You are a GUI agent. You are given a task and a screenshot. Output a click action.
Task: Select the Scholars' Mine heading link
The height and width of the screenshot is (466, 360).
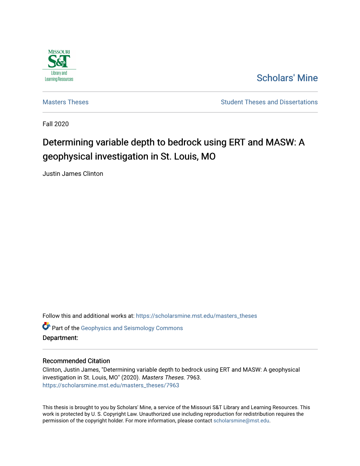(287, 78)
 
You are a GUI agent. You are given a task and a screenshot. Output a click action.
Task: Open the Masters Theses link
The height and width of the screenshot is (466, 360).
(66, 102)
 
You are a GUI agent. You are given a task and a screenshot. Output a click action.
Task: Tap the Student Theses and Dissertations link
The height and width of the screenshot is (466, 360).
(269, 102)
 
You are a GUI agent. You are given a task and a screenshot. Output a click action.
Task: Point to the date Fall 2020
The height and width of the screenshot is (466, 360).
(56, 124)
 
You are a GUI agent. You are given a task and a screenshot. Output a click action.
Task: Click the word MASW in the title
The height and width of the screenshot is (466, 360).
(280, 142)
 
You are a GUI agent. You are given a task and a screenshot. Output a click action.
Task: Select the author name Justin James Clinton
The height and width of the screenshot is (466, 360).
(73, 174)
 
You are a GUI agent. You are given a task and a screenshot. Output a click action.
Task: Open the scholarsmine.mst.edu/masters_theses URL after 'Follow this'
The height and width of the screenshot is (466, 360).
(196, 316)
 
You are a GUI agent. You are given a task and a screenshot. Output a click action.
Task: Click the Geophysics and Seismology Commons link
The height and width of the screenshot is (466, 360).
(132, 328)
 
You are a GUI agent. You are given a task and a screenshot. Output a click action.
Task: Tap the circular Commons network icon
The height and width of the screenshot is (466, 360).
(46, 326)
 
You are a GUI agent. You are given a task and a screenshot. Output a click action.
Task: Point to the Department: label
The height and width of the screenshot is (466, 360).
(60, 338)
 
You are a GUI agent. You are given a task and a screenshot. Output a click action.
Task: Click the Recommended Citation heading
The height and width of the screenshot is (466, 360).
(76, 361)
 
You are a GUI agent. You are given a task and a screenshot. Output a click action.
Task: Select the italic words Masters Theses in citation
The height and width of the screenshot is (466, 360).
(163, 377)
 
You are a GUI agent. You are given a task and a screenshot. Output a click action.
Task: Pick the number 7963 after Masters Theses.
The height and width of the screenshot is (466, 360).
(193, 377)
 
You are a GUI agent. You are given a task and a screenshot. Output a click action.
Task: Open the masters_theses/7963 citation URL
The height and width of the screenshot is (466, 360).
(111, 385)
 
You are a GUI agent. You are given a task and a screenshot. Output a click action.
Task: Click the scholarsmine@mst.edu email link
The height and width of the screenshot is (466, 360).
(241, 421)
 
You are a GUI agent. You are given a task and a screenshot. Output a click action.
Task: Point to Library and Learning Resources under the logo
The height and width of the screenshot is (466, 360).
(59, 76)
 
